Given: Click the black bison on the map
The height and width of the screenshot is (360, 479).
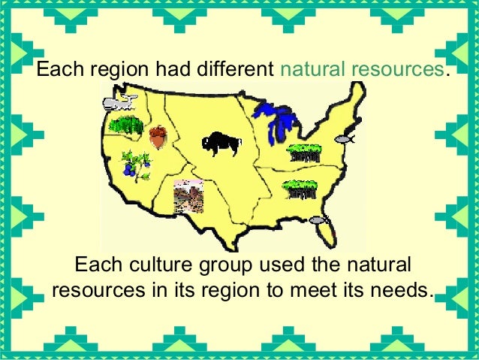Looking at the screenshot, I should point(218,144).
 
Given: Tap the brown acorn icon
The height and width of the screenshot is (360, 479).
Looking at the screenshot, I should point(158,138).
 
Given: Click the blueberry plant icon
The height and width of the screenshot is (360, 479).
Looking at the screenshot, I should point(136,163).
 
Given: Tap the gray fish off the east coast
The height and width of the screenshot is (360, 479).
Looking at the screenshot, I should point(345,139).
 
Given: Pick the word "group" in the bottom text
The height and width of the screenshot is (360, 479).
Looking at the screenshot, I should point(228,266).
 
